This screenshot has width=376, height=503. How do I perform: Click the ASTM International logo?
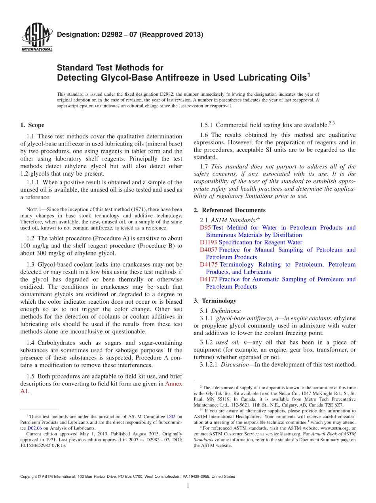pos(36,38)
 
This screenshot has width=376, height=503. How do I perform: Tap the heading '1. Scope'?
pos(32,125)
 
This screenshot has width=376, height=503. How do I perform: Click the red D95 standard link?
pos(205,228)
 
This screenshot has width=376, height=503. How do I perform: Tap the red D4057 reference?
pos(209,250)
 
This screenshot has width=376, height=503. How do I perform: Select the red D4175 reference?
pos(209,265)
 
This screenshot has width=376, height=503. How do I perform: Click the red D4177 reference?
pos(209,279)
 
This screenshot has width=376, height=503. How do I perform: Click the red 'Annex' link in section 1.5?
pos(173,384)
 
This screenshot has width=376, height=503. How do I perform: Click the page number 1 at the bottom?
pos(188,486)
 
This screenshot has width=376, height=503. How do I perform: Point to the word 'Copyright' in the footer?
pos(30,477)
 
